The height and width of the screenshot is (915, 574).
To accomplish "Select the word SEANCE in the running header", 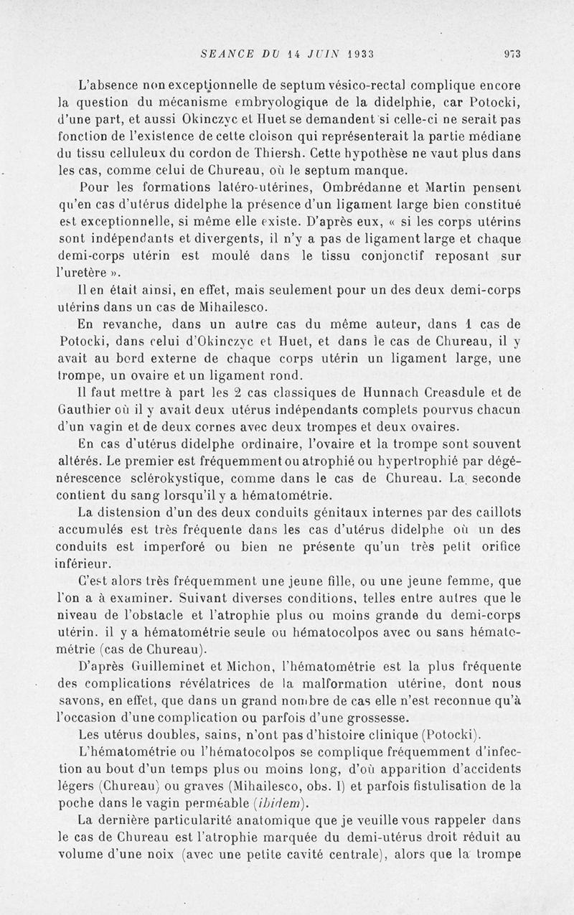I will tap(222, 52).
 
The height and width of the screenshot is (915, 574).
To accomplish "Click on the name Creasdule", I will tap(410, 393).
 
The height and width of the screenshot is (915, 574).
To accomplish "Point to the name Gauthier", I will tap(83, 409).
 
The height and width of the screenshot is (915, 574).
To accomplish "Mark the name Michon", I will tap(246, 666).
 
